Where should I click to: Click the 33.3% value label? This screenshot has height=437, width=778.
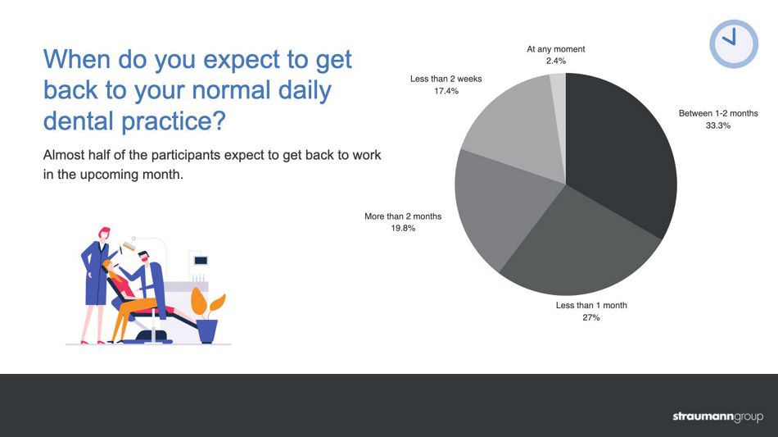[x=718, y=125]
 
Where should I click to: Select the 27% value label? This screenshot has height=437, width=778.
[x=591, y=317]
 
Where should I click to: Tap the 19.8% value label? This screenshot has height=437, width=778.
[x=403, y=229]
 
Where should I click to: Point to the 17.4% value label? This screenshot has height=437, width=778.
[x=446, y=91]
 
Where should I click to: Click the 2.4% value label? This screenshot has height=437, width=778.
[x=556, y=61]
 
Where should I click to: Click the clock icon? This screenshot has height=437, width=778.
[x=733, y=43]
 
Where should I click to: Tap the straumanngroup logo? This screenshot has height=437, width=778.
[x=717, y=417]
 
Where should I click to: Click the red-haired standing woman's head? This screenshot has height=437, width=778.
[x=104, y=234]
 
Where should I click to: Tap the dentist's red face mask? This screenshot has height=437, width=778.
[x=144, y=259]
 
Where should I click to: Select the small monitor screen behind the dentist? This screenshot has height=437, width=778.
[x=201, y=261]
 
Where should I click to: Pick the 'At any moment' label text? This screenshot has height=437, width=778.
[x=556, y=49]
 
